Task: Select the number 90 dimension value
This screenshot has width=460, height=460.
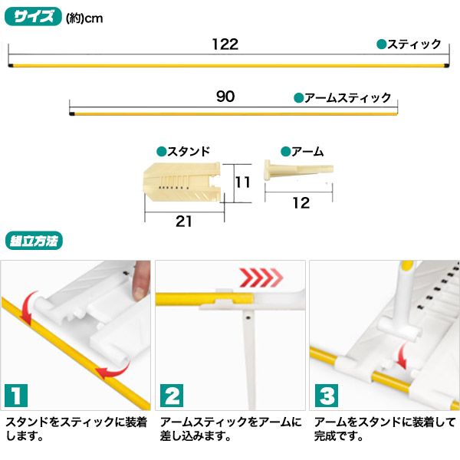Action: tap(225, 97)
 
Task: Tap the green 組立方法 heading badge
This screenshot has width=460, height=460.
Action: tap(34, 241)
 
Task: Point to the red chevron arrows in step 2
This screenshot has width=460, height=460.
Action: tap(260, 275)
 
